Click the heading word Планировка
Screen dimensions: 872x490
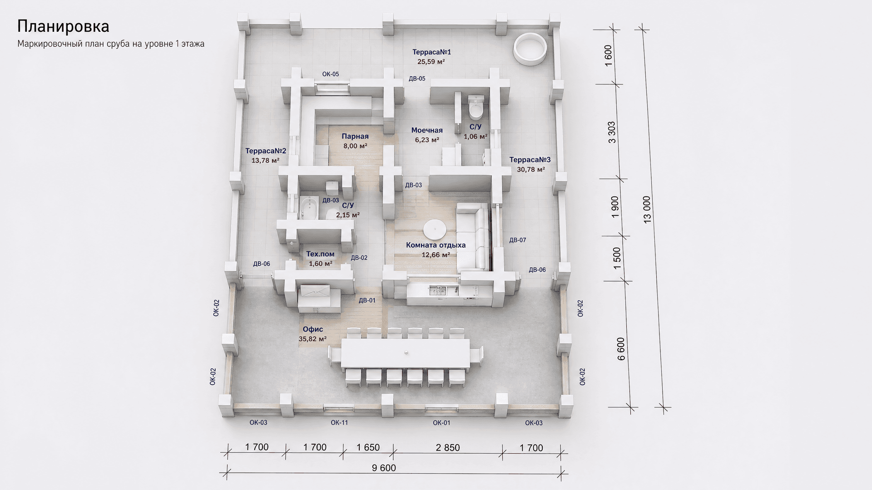click(63, 26)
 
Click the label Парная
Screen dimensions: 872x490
click(355, 136)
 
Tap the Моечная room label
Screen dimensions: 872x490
click(427, 130)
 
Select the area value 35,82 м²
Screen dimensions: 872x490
click(312, 339)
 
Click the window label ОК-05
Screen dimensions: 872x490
click(331, 74)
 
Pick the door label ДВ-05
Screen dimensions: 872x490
click(417, 78)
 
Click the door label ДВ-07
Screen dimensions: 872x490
click(518, 240)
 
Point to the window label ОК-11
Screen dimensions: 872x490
click(339, 422)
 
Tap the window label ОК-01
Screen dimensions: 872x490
click(441, 422)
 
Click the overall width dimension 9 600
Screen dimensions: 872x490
click(384, 468)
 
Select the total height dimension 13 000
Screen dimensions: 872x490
click(647, 209)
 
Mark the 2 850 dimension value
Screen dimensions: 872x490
click(448, 447)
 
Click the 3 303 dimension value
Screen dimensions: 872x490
click(612, 132)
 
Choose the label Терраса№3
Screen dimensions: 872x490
click(530, 160)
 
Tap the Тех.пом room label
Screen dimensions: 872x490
click(320, 254)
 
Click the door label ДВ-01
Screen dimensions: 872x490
click(367, 300)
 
